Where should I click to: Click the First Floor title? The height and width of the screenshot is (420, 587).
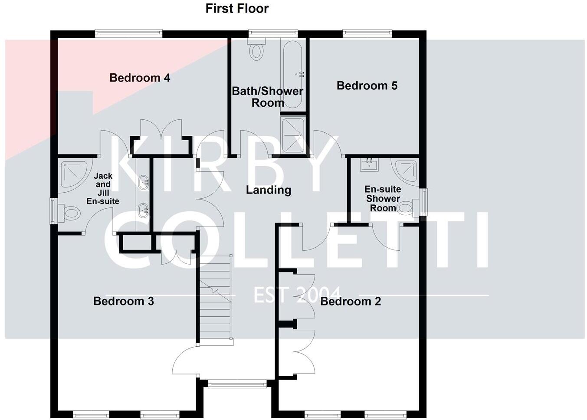pos(237,8)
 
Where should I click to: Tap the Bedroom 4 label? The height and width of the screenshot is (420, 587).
pos(140,78)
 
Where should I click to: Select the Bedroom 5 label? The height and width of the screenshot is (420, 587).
pos(367,85)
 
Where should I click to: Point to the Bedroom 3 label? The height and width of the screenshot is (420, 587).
pos(124,301)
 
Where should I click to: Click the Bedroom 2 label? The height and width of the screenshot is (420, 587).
pos(351,301)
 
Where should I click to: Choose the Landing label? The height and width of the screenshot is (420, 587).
pos(268,190)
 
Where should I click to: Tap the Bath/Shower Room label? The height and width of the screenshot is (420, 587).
pos(267,97)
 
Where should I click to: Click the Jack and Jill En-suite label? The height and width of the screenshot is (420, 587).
pos(103,188)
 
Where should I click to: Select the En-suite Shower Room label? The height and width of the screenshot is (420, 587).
pos(383,198)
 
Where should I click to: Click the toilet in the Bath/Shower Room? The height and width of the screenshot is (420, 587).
pos(256,50)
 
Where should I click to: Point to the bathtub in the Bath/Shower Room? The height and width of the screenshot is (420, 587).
pos(292,74)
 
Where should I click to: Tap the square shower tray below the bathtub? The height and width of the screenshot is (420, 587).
pos(293,135)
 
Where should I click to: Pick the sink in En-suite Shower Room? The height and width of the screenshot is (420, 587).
pos(369,164)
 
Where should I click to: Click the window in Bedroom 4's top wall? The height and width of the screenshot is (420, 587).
pos(129,33)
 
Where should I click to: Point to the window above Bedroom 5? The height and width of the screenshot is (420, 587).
pos(367,33)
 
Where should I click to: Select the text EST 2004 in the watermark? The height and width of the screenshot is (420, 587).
pos(297,295)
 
